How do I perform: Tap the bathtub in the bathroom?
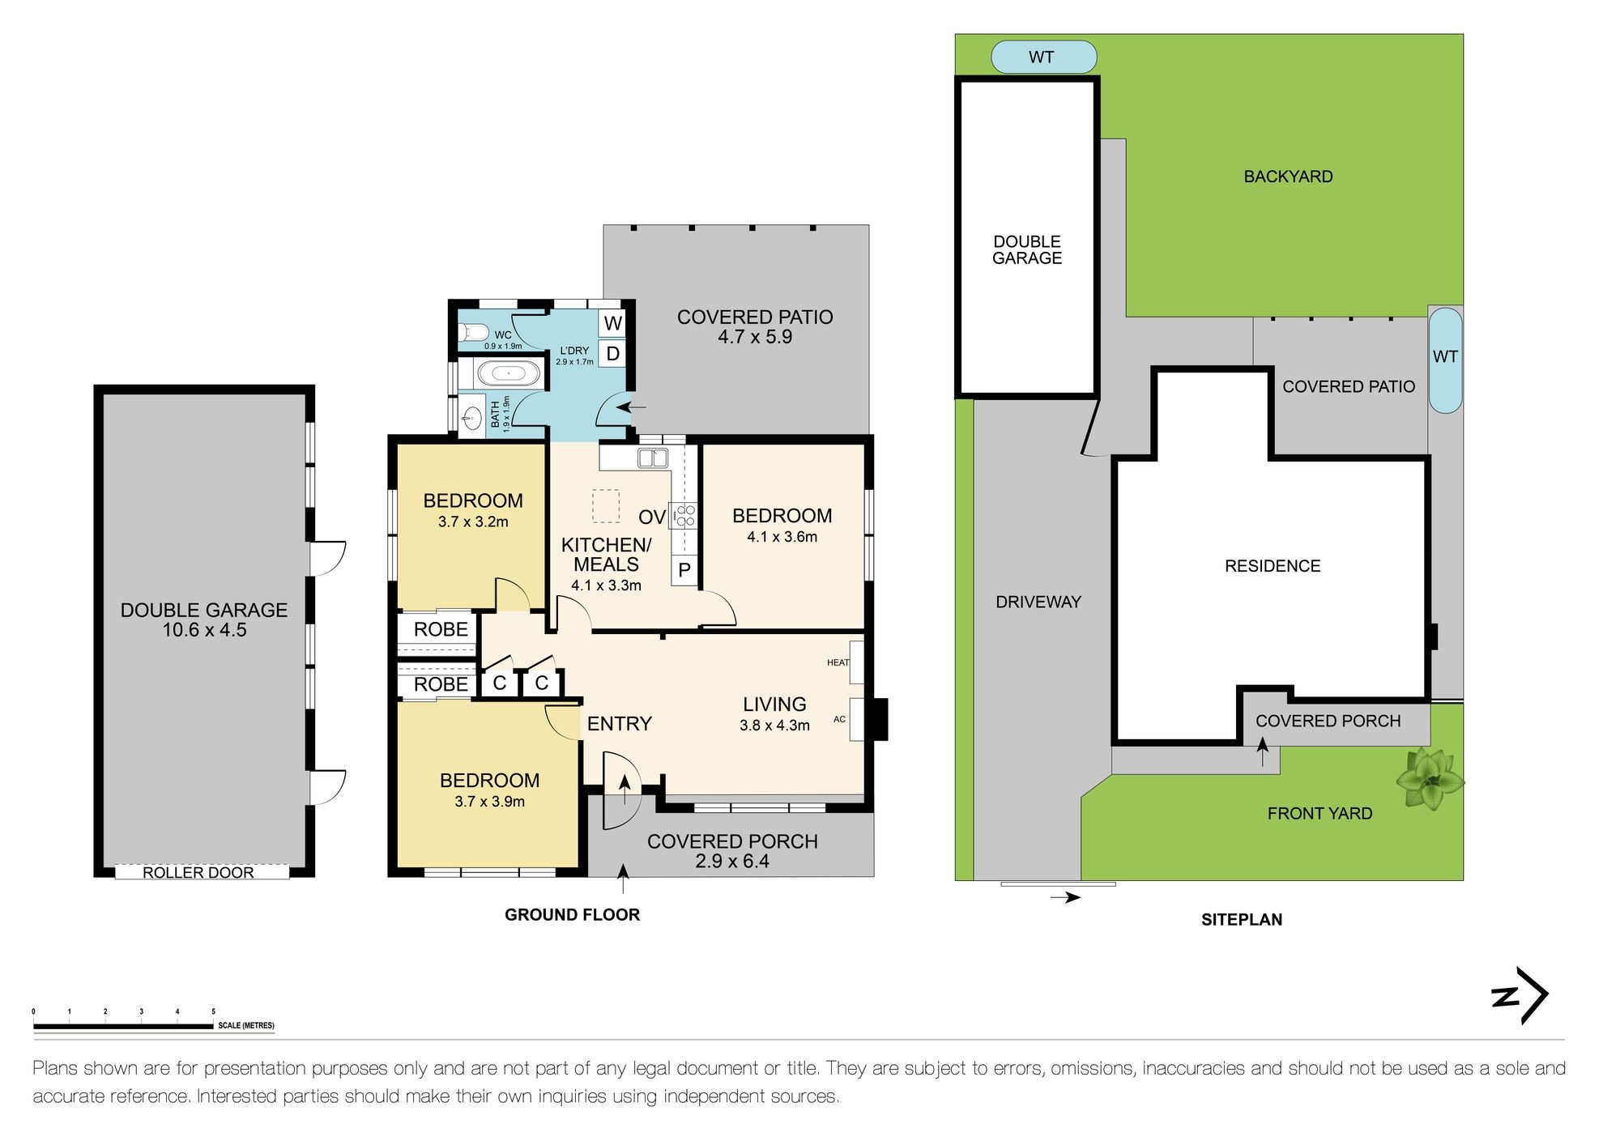tap(508, 374)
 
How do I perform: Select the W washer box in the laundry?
tap(613, 323)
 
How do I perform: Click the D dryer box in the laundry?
tap(613, 354)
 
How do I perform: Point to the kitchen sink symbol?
tap(653, 458)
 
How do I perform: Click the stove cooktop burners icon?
tap(684, 516)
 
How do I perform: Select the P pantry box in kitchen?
tap(684, 570)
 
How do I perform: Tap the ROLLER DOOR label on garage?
tap(199, 872)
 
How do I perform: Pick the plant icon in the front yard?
tap(1430, 780)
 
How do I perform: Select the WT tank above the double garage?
tap(1043, 57)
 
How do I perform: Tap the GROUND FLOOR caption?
tap(572, 915)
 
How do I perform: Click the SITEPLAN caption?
tap(1241, 920)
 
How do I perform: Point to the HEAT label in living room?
tap(838, 662)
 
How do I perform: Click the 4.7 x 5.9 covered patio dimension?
tap(755, 338)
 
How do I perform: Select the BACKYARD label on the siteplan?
tap(1288, 177)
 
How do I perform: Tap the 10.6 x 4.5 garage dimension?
tap(204, 631)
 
